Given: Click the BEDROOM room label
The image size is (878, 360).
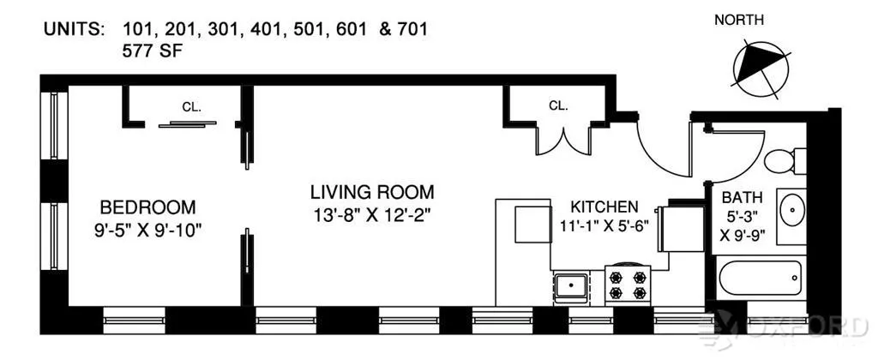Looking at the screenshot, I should [x=147, y=207].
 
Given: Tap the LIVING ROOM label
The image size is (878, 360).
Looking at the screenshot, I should [x=372, y=192].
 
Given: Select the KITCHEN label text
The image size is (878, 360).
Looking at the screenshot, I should [x=604, y=207].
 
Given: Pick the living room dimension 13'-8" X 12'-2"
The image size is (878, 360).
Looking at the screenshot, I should [x=372, y=214].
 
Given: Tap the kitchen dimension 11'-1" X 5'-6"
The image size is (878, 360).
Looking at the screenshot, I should [x=604, y=227].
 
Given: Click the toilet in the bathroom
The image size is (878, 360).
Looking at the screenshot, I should [x=784, y=160].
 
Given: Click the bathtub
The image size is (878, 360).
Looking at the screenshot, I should [x=760, y=278].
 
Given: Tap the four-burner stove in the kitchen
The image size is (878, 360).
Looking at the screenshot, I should [x=628, y=284].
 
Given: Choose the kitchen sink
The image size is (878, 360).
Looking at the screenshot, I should [x=570, y=285].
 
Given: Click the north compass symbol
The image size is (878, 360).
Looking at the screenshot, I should [x=759, y=67].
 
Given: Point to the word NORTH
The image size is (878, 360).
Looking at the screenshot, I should [x=739, y=20].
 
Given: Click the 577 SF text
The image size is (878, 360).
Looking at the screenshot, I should [x=153, y=51].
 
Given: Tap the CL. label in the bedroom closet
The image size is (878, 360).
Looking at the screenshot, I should [x=190, y=107].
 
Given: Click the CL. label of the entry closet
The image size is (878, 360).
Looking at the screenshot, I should [x=558, y=106].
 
